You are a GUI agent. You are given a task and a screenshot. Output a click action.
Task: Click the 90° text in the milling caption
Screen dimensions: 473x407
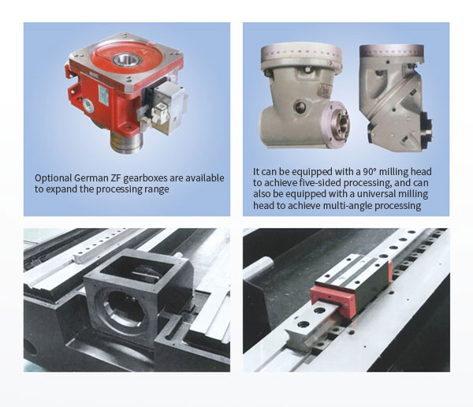370,171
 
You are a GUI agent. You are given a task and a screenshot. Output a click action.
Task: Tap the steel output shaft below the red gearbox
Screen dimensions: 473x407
126,141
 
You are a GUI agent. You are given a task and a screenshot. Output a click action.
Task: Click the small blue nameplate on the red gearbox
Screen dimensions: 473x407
104,95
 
